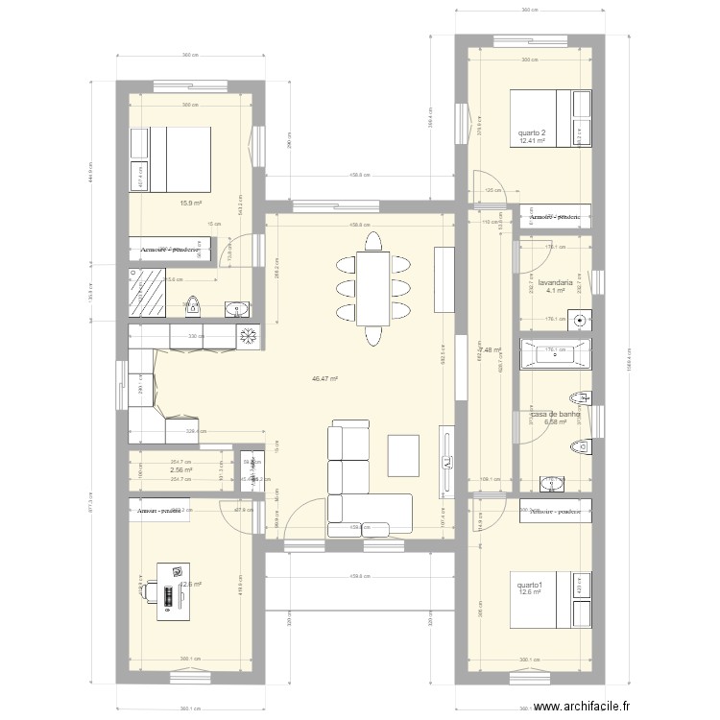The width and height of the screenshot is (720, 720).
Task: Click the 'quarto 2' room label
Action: click(x=531, y=132)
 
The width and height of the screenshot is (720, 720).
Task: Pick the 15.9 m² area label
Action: click(x=190, y=203)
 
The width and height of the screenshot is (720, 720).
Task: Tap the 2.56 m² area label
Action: click(x=181, y=470)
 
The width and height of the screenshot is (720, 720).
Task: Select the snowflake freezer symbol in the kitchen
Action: click(x=247, y=336)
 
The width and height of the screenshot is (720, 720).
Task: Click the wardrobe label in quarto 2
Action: click(x=554, y=217)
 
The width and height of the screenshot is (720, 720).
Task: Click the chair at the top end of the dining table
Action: click(x=372, y=240)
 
